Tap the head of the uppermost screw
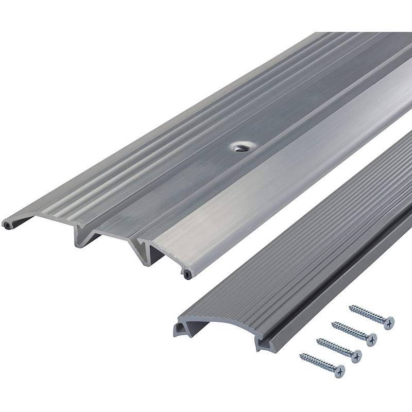[x=388, y=321]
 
